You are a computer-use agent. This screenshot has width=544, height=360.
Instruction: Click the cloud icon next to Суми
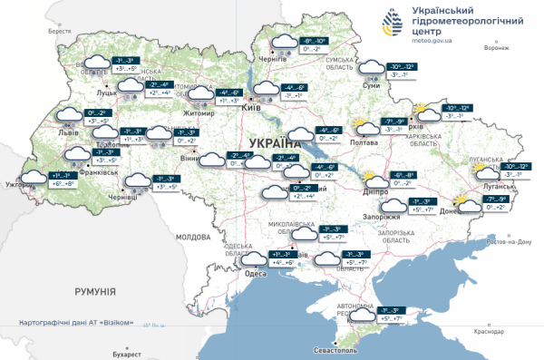371,67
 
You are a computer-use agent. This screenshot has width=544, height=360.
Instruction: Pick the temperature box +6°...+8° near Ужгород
64,183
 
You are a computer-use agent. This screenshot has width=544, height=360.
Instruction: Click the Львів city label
69,132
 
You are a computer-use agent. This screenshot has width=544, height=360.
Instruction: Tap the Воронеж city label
496,47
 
